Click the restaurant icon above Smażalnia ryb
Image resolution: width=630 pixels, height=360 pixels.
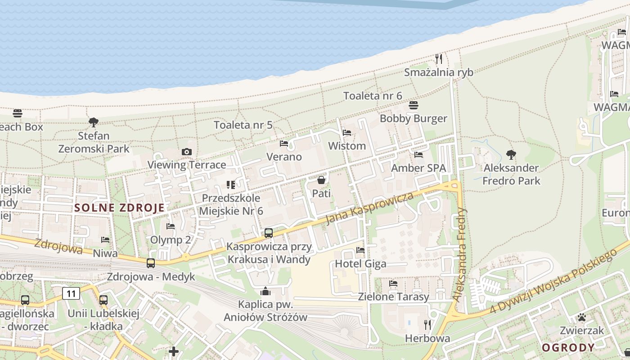439,58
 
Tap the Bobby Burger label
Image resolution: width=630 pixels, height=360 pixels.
413,118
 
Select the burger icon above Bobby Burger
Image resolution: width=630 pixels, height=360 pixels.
414,105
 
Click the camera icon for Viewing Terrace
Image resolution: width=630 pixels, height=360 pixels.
187,152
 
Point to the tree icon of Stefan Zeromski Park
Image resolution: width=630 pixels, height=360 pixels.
94,122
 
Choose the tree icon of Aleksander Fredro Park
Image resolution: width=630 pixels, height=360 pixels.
511,155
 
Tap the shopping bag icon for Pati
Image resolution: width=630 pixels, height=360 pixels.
321,180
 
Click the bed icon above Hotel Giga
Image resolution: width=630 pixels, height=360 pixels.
360,250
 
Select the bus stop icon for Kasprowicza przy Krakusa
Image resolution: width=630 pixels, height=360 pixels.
269,233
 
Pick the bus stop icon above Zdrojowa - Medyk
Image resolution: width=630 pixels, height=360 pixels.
151,263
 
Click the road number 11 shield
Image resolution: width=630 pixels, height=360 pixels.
71,294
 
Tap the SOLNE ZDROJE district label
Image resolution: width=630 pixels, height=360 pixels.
119,208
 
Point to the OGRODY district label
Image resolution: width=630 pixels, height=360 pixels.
568,347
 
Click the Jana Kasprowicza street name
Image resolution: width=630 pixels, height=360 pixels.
369,208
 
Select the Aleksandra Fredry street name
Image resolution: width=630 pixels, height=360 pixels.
461,254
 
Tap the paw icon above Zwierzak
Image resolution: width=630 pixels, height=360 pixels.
582,317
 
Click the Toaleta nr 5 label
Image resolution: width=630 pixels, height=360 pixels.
243,125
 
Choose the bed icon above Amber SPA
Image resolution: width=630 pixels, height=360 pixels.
418,155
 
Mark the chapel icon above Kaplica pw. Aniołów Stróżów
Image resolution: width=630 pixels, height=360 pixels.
265,292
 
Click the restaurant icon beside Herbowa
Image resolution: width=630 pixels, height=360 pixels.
427,324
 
